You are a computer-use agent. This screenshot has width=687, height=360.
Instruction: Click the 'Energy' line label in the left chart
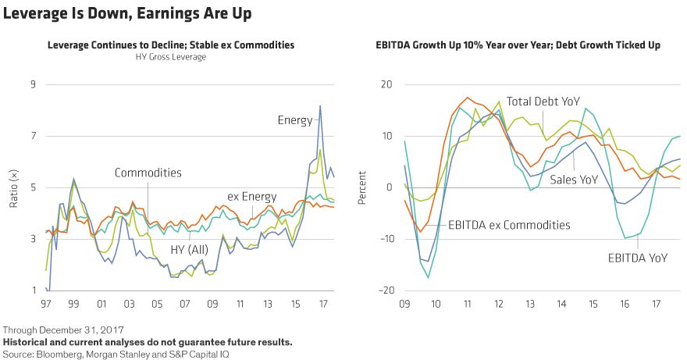(295, 120)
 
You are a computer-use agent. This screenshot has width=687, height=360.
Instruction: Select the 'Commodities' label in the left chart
(148, 173)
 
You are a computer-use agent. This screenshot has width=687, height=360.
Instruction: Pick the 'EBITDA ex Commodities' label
(509, 225)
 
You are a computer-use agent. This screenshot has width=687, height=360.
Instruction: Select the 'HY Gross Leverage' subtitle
(170, 57)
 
